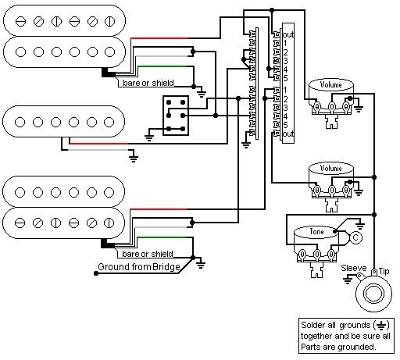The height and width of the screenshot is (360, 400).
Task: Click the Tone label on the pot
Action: coord(316,231)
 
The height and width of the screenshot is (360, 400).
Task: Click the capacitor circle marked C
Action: coord(355,237)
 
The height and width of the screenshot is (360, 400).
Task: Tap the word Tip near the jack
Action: coord(384,271)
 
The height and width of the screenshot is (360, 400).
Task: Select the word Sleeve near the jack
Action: coord(354,268)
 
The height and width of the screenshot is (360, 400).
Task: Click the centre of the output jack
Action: coord(373,294)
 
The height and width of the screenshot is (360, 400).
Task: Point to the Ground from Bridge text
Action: coord(139,267)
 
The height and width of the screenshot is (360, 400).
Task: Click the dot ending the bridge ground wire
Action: coord(96,273)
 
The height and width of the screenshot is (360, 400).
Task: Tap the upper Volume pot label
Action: coord(330,84)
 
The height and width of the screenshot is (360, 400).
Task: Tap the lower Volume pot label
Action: coord(330,168)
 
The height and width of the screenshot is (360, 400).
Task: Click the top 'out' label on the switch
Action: coord(288,34)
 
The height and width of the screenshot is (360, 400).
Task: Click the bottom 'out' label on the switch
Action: coord(288,134)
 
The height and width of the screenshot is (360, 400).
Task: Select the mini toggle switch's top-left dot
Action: coord(169,102)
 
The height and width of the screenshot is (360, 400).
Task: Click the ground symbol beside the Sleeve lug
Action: coord(348,280)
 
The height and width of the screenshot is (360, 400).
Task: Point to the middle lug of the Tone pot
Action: coord(316,254)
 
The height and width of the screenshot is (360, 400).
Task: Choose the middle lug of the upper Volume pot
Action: coord(331,107)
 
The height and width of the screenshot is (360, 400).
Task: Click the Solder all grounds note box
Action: coord(346,336)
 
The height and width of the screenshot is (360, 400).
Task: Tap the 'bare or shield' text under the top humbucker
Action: coord(148,83)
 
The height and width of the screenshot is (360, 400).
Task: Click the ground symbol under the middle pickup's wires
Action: coord(134,158)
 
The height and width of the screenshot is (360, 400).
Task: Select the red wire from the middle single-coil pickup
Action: coord(98,144)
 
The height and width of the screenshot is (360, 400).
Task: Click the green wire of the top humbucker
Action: coord(162,66)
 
